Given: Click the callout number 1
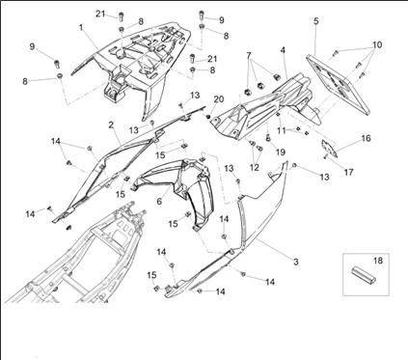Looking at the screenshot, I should click(81, 28).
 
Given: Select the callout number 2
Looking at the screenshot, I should click(111, 125).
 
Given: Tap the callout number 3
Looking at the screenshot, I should click(295, 262).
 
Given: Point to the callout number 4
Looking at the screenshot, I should click(283, 50).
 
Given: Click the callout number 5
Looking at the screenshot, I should click(315, 20).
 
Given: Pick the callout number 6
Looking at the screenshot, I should click(159, 201).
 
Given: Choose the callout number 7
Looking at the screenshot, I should click(249, 56).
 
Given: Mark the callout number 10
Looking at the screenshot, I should click(377, 45).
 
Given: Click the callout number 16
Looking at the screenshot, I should click(366, 139).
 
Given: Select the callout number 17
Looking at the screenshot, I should click(349, 173).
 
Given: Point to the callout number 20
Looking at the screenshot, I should click(219, 99).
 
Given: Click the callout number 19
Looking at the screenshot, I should click(281, 152).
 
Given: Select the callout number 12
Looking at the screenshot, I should click(255, 167).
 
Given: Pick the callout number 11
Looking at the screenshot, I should click(282, 129).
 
